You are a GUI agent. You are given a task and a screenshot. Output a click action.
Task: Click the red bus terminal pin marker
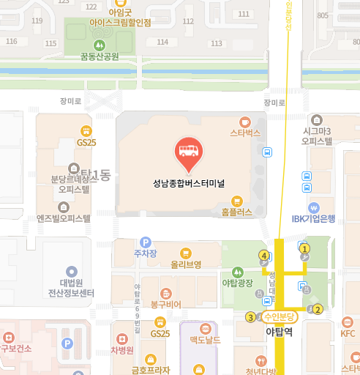click(189, 152)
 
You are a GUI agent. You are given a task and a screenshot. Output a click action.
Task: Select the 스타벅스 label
click(245, 133)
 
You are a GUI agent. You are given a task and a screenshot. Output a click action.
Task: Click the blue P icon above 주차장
click(145, 242)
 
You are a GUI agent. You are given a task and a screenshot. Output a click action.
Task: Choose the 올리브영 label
click(186, 264)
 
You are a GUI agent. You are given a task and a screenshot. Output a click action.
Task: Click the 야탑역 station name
click(278, 331)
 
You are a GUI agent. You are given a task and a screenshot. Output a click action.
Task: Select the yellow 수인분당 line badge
click(278, 316)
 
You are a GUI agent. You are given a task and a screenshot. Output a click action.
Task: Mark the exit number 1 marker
click(305, 249)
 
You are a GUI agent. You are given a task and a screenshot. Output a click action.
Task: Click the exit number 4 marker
click(264, 255)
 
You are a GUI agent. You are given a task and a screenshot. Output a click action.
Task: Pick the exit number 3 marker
click(250, 317)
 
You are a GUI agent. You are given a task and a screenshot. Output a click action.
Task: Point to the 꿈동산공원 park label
click(100, 56)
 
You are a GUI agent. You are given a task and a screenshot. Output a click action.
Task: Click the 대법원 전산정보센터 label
click(72, 288)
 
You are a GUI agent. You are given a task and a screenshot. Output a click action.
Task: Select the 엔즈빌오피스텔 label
click(64, 218)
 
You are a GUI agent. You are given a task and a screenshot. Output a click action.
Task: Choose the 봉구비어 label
click(165, 303)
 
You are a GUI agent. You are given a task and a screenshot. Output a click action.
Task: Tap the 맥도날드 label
click(205, 339)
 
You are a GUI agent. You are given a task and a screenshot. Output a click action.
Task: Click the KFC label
click(347, 334)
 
